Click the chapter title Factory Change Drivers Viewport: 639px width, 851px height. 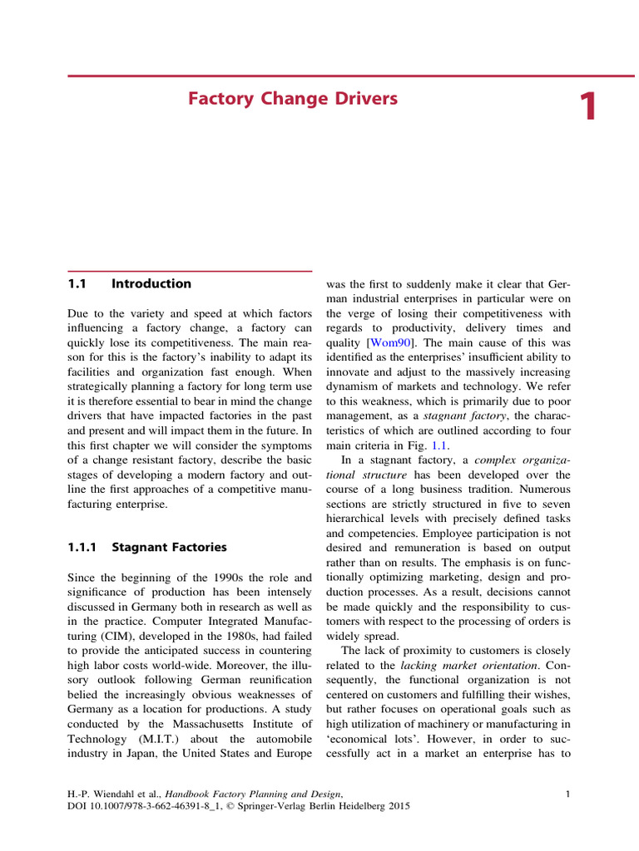[293, 100]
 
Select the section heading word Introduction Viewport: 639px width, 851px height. [151, 283]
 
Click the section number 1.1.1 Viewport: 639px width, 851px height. [82, 547]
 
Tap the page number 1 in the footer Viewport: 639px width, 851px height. [567, 794]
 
